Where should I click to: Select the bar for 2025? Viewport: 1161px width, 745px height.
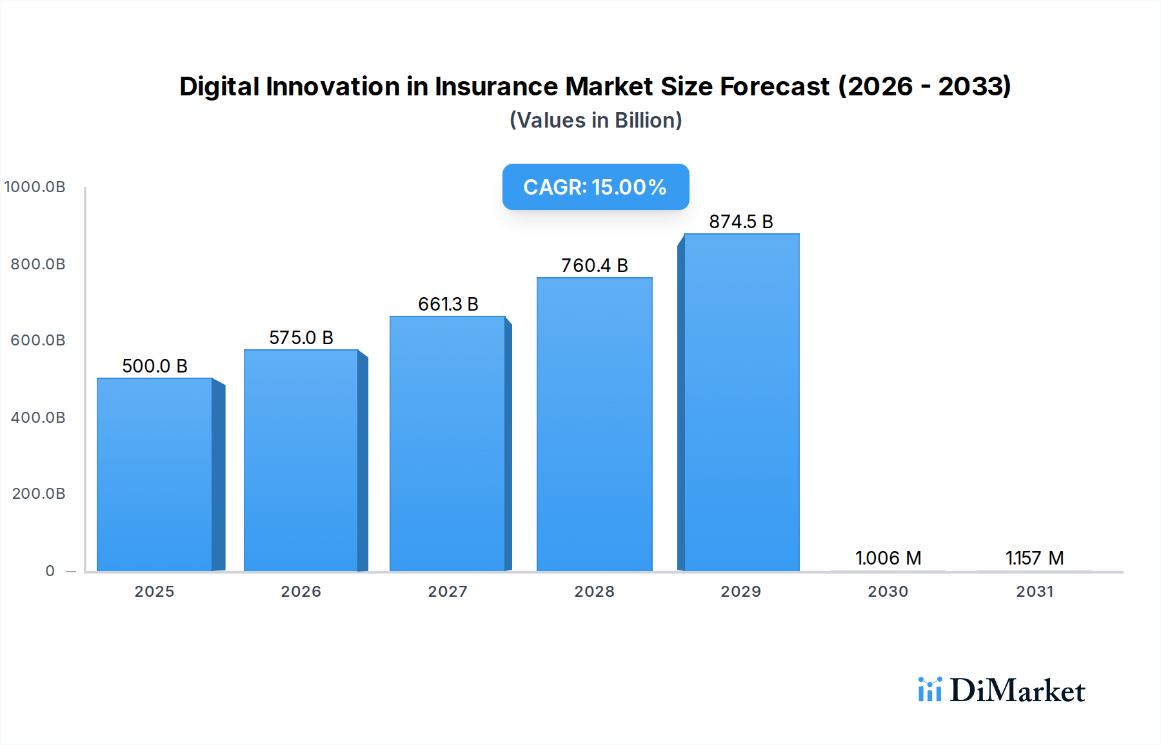point(155,474)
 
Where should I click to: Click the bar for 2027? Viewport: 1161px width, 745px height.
point(448,443)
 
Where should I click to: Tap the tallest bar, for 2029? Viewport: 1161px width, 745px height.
point(741,402)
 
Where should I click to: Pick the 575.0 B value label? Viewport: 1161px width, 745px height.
point(301,338)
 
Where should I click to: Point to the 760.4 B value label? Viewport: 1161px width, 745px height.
point(594,266)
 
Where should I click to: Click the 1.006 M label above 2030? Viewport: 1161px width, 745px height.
point(888,558)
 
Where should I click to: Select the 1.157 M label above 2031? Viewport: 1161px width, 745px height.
point(1034,558)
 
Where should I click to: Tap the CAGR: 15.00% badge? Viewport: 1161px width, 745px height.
point(595,187)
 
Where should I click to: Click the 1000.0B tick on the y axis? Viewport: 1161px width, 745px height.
point(35,187)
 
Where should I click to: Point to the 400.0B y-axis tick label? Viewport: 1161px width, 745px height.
point(38,418)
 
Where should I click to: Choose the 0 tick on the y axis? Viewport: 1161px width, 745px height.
point(50,571)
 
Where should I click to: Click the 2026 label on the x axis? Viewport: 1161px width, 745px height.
point(301,592)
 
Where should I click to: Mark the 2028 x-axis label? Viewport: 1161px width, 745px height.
point(594,592)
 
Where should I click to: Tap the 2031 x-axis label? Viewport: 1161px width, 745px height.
point(1035,592)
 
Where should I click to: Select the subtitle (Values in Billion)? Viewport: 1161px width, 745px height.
point(595,121)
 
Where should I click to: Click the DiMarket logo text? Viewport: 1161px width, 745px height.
point(1017,691)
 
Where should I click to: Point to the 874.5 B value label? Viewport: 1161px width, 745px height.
point(740,222)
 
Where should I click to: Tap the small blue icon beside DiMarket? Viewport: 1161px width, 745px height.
point(929,690)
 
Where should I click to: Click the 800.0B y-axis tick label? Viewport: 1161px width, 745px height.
point(38,264)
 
